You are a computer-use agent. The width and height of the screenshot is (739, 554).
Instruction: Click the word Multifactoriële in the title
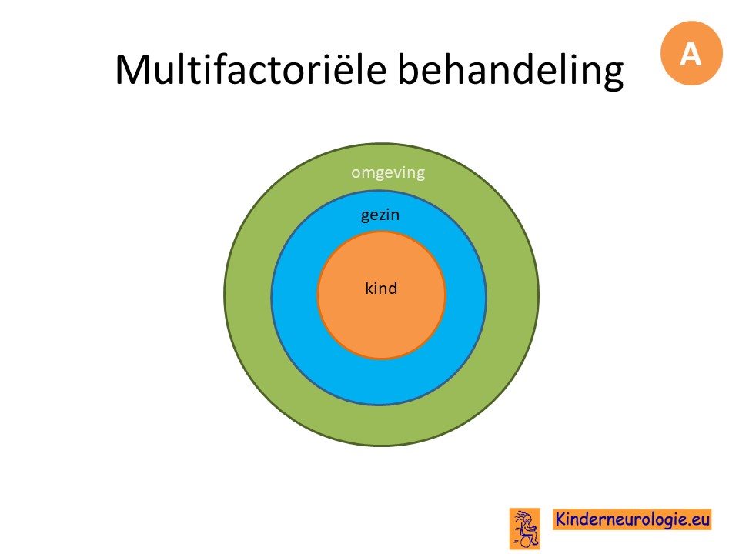[251, 69]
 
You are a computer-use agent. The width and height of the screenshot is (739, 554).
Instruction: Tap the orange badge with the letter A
[691, 53]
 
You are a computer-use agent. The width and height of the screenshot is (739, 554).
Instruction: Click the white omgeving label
[388, 173]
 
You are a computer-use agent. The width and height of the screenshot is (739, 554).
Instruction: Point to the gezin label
[380, 215]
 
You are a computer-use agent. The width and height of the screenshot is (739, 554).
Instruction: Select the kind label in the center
[381, 288]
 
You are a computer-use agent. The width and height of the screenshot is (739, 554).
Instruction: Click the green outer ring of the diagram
[247, 295]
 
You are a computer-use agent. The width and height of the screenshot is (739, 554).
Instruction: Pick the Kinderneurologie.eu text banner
[632, 519]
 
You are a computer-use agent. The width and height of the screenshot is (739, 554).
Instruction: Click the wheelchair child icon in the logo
[524, 529]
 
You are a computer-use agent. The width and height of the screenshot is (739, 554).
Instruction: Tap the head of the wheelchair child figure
[527, 518]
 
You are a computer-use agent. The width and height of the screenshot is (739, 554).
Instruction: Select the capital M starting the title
[133, 70]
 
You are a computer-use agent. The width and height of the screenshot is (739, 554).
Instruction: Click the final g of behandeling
[611, 76]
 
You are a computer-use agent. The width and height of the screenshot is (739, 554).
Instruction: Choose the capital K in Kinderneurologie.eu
[561, 519]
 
